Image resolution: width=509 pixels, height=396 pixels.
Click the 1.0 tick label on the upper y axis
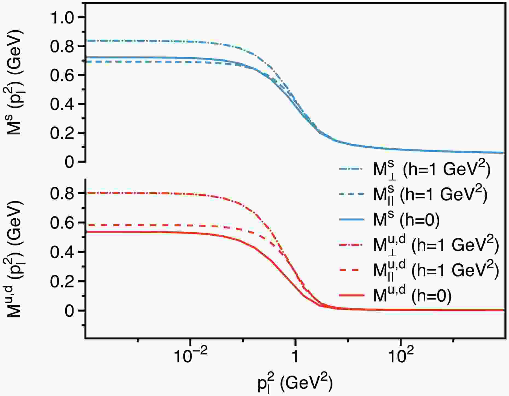(x=63, y=17)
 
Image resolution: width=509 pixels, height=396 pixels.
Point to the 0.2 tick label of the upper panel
(x=63, y=133)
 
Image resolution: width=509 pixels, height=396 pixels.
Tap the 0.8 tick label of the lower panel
(x=63, y=193)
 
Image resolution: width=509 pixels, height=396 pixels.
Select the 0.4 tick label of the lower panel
(x=63, y=252)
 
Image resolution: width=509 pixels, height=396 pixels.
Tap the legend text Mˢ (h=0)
(x=406, y=219)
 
